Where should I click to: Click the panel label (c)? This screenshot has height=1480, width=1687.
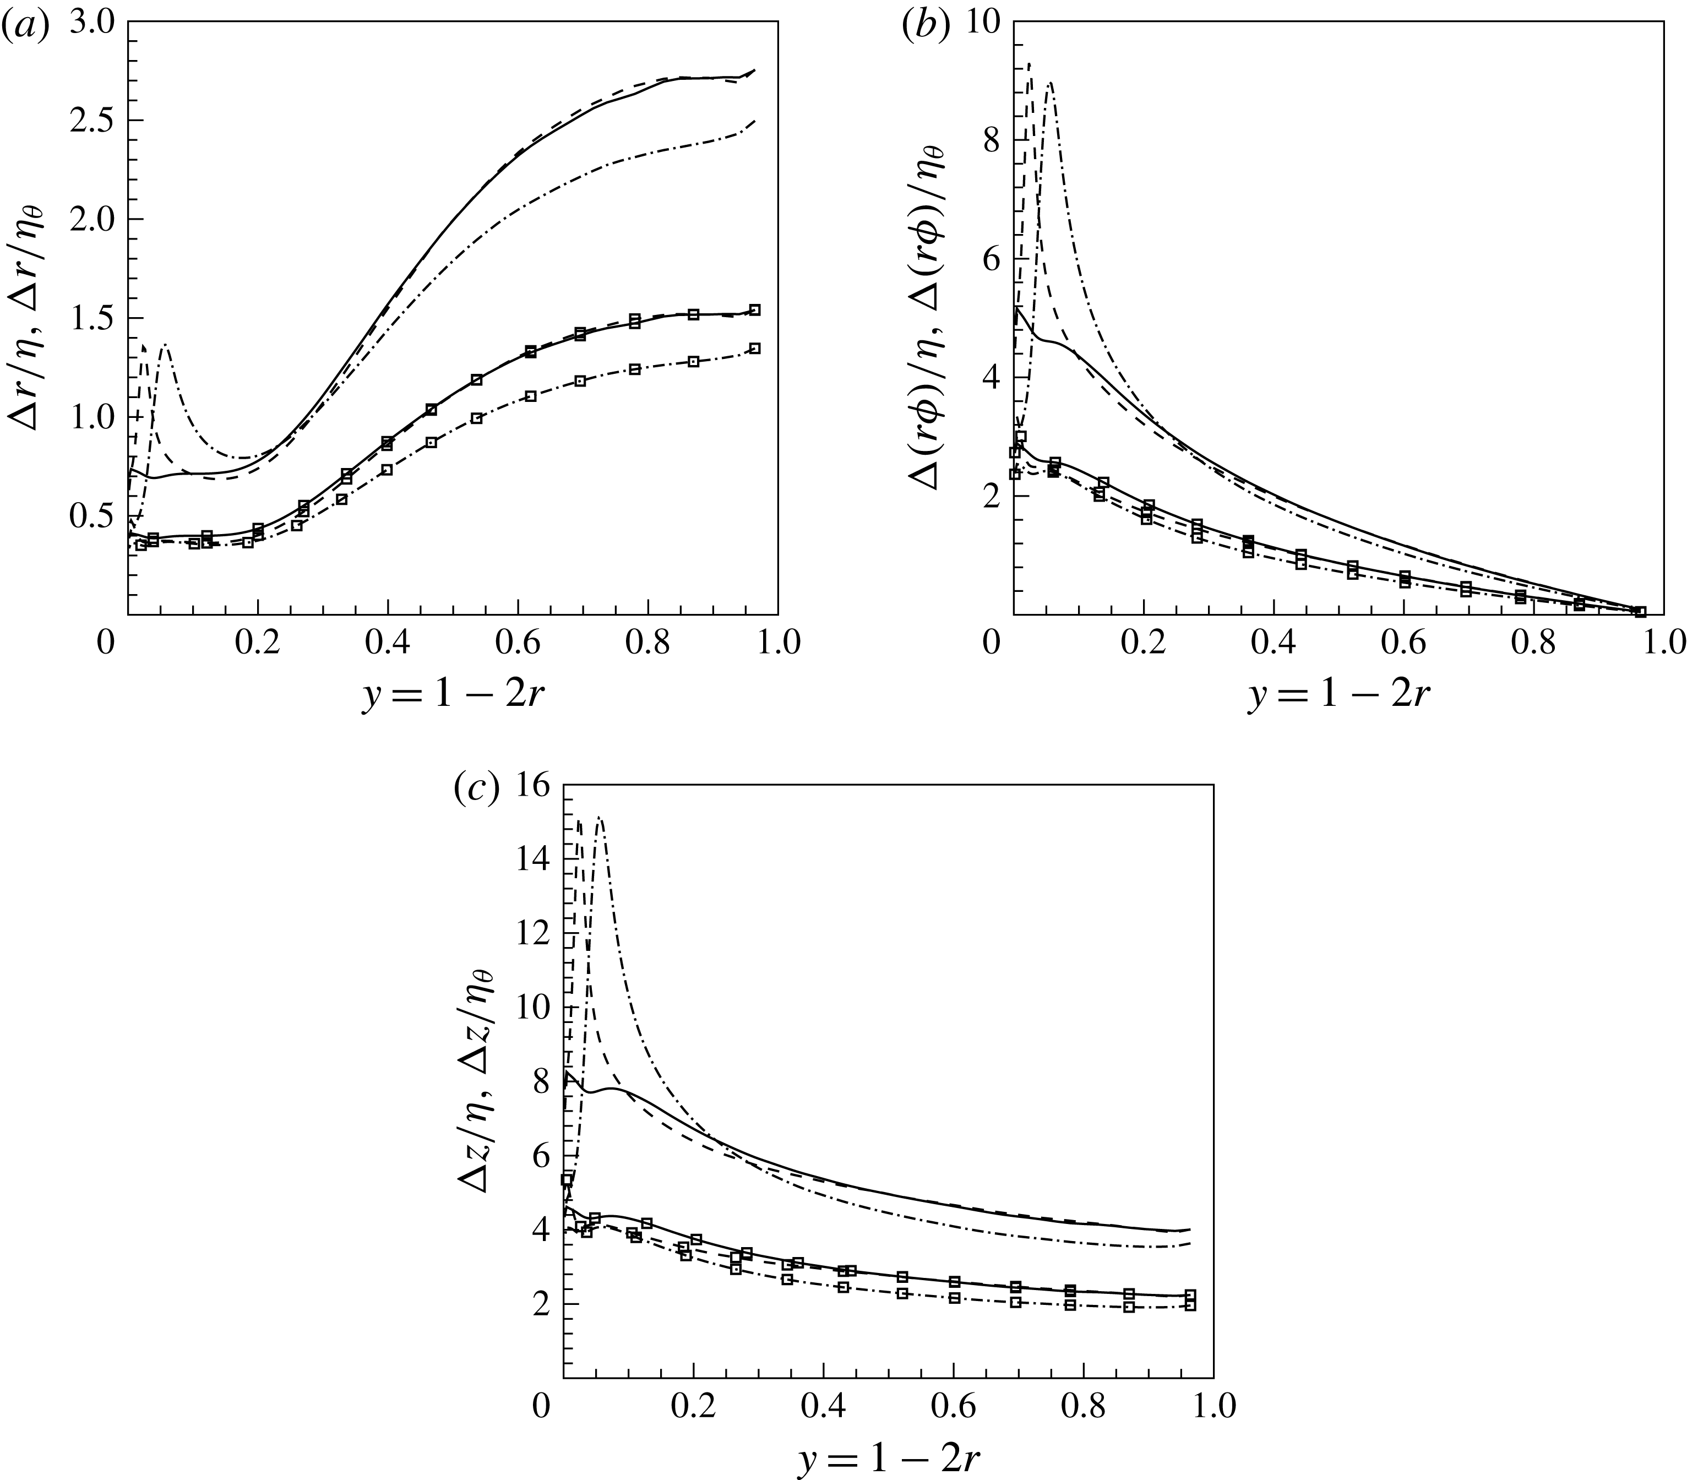click(x=477, y=790)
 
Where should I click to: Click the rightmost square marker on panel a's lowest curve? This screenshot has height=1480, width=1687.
click(x=754, y=349)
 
